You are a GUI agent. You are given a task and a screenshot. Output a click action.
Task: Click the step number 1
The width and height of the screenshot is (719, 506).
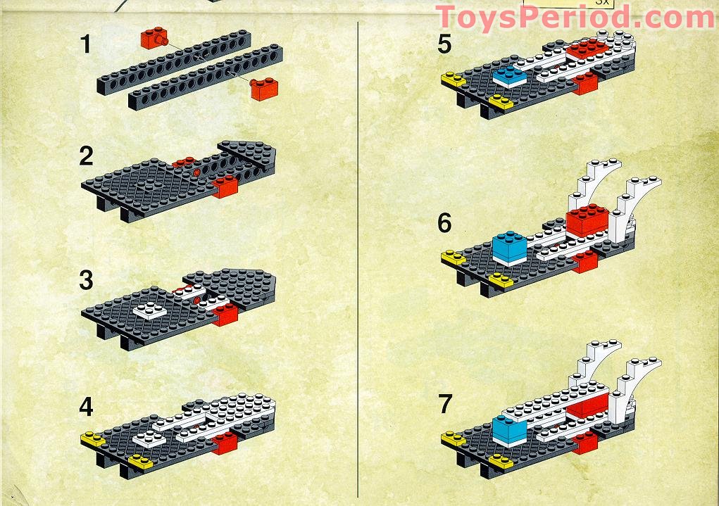pyautogui.click(x=85, y=44)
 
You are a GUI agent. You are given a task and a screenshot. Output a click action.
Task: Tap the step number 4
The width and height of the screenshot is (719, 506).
pyautogui.click(x=86, y=407)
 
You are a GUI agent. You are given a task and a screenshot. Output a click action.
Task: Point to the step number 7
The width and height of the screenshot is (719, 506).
pyautogui.click(x=445, y=404)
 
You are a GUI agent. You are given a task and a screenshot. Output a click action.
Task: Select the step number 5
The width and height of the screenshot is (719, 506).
pyautogui.click(x=444, y=44)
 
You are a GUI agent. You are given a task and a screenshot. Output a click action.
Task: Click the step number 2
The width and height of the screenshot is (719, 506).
pyautogui.click(x=86, y=156)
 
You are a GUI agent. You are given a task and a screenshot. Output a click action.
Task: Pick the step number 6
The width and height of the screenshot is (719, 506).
pyautogui.click(x=444, y=223)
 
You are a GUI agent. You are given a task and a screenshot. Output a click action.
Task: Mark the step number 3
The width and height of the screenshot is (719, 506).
pyautogui.click(x=86, y=281)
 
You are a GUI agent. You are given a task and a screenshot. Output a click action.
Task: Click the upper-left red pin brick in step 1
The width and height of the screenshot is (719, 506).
pyautogui.click(x=154, y=37)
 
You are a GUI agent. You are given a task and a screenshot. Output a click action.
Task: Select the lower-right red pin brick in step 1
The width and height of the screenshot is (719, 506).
pyautogui.click(x=264, y=89)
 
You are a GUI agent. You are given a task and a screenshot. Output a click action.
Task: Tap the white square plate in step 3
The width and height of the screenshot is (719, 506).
pyautogui.click(x=150, y=311)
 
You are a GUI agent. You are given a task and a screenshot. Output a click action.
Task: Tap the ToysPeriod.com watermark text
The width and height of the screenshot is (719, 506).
pyautogui.click(x=575, y=18)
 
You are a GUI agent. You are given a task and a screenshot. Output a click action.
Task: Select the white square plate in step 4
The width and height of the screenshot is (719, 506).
pyautogui.click(x=150, y=438)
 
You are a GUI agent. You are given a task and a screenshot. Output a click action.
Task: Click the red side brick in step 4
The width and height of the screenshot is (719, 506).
pyautogui.click(x=225, y=443)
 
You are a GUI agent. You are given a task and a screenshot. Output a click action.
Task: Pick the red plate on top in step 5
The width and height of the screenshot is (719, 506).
pyautogui.click(x=587, y=49)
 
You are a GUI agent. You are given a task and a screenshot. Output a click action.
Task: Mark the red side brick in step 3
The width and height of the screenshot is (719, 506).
pyautogui.click(x=225, y=315)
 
